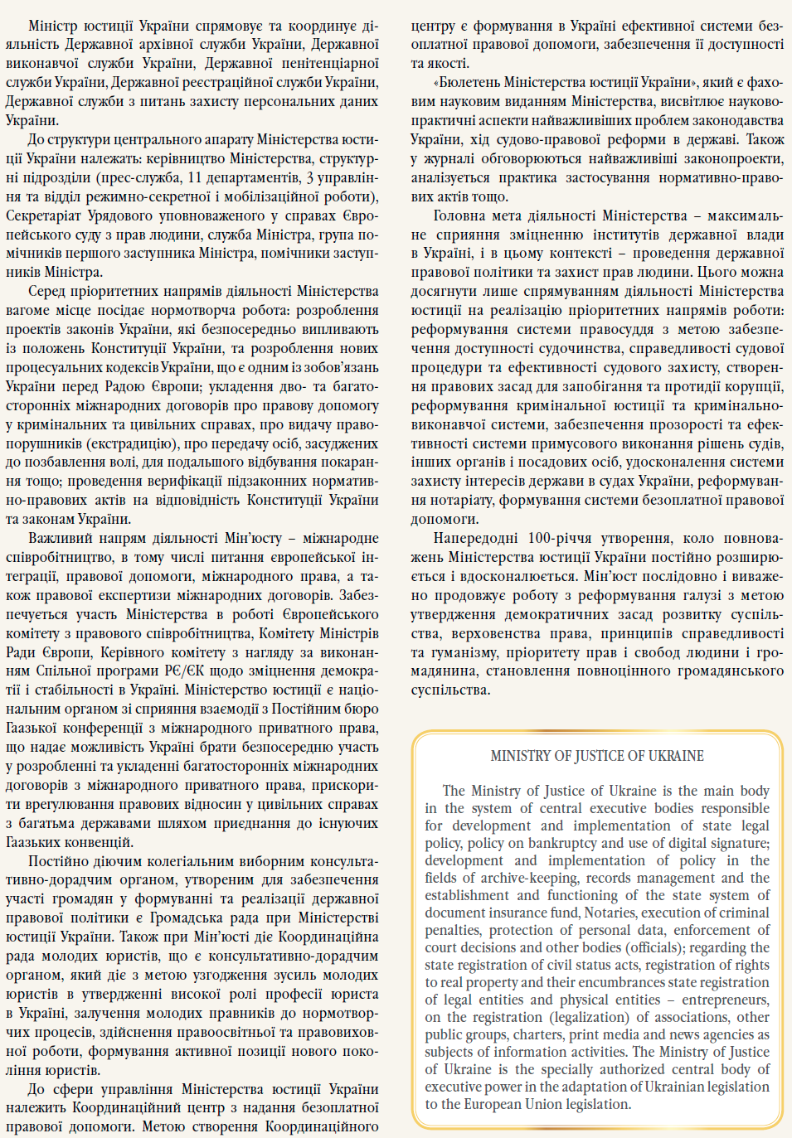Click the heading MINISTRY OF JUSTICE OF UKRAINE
597,756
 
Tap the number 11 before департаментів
194,177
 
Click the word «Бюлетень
467,82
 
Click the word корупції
751,386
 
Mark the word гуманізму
462,652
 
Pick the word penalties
453,930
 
